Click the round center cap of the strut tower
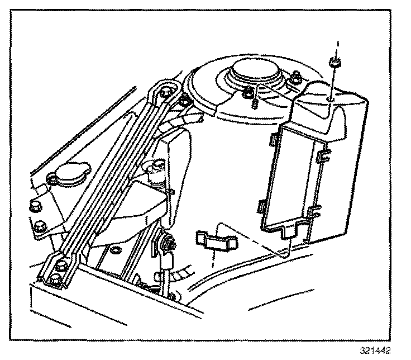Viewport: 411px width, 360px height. point(255,72)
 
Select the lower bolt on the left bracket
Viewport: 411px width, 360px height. point(39,226)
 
